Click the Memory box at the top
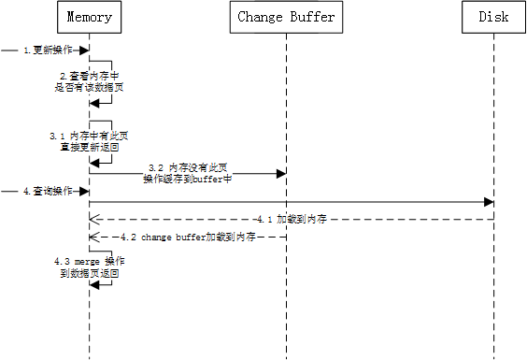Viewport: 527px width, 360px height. click(x=89, y=16)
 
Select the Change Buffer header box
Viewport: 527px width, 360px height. click(x=286, y=16)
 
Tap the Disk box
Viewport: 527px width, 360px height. click(x=492, y=16)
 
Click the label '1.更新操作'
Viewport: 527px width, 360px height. click(x=51, y=50)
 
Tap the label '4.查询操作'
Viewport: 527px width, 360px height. click(x=51, y=191)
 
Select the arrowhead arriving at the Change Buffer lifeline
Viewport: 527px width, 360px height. click(x=280, y=172)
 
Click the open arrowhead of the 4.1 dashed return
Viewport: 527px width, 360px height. click(x=93, y=220)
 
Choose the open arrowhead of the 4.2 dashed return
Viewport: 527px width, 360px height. click(x=93, y=238)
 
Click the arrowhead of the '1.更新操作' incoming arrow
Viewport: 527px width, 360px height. click(x=85, y=50)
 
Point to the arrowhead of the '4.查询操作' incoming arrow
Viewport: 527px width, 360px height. click(x=85, y=191)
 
